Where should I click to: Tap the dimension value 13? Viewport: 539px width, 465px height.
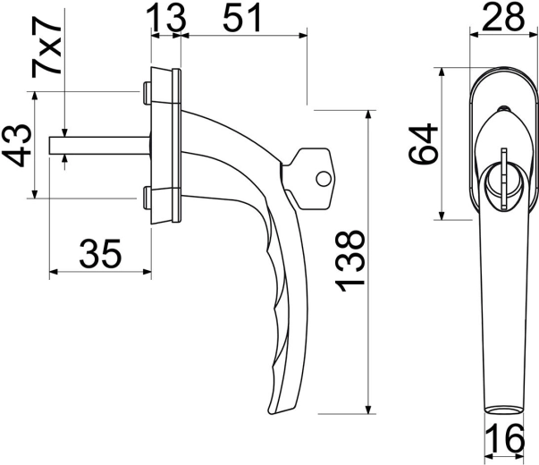(x=165, y=17)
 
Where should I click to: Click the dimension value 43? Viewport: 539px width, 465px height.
(x=17, y=146)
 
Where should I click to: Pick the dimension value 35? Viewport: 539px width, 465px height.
(x=99, y=255)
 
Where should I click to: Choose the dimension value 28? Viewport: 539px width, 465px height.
(x=502, y=17)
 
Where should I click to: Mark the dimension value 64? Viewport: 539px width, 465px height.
(x=424, y=144)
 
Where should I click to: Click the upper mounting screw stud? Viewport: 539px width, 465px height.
(x=145, y=91)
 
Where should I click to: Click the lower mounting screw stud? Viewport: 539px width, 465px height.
(x=145, y=195)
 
